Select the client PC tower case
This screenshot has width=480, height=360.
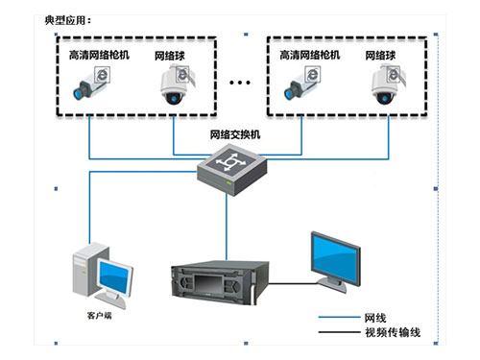point(85,274)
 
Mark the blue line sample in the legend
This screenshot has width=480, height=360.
point(336,317)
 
